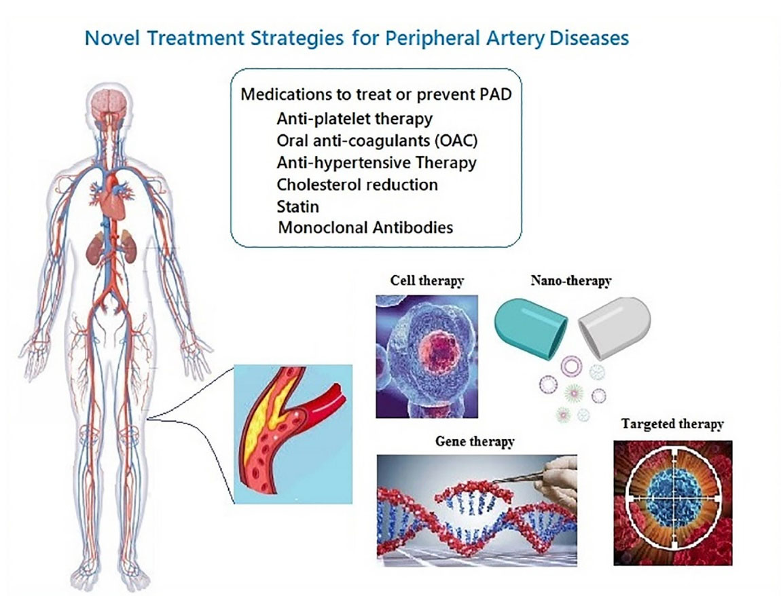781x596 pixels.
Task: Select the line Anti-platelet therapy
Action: click(355, 119)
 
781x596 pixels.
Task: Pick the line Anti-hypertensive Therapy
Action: click(376, 163)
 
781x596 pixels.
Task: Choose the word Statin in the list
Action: click(296, 206)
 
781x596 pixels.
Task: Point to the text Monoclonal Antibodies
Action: click(365, 227)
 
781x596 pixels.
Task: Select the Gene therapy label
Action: click(475, 441)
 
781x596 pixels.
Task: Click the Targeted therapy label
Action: click(672, 424)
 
